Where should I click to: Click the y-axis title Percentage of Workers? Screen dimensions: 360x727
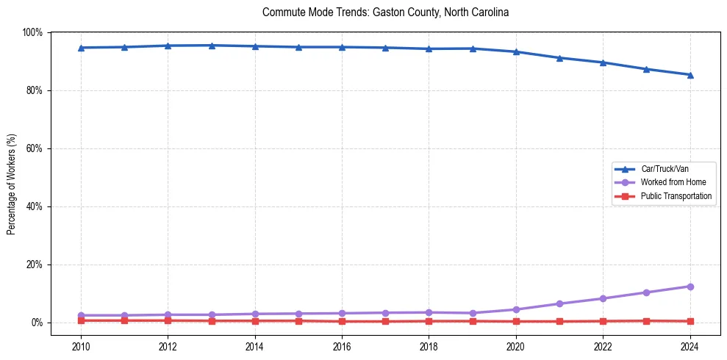(12, 184)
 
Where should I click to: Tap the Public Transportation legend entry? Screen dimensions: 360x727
(676, 196)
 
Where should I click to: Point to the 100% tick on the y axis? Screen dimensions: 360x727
(32, 32)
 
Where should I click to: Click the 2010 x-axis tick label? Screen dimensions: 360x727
(81, 345)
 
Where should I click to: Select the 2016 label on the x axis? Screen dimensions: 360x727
(342, 345)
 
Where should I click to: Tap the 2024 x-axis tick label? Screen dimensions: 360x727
(690, 345)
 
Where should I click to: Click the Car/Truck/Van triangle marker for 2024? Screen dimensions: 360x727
(690, 75)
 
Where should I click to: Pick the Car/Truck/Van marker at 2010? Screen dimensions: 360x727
(81, 48)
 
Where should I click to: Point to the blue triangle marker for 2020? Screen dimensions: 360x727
(516, 51)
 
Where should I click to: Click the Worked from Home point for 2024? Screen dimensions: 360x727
(690, 287)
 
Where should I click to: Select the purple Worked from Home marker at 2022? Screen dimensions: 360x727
(603, 298)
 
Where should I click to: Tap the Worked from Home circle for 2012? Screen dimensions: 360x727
(168, 314)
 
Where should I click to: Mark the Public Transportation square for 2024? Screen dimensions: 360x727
(690, 321)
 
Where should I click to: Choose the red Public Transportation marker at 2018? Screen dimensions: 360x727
(429, 321)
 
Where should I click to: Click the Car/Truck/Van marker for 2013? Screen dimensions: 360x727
(212, 46)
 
